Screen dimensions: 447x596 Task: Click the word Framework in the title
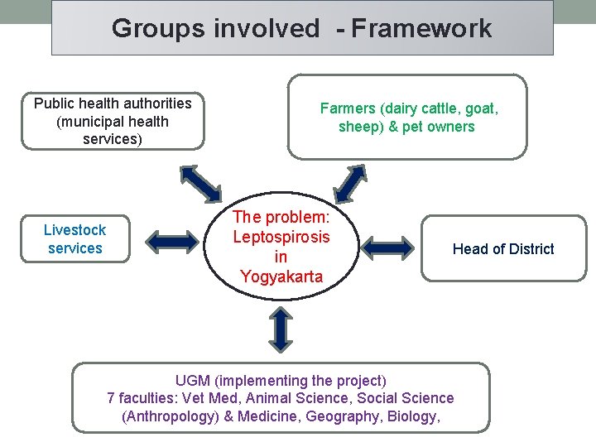coord(421,29)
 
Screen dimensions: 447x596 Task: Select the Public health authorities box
coord(113,121)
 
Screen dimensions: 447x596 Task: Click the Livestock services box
coord(74,239)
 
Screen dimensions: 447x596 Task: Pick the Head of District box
coord(503,249)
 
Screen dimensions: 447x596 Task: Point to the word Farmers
coord(348,108)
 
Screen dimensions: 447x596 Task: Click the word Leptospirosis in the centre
coord(281,237)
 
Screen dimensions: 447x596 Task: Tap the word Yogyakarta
coord(281,276)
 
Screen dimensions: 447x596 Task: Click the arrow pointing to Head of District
coord(388,247)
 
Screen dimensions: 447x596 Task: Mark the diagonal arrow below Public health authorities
coord(200,182)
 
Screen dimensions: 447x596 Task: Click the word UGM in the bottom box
coord(193,381)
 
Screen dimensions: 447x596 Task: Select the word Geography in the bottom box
coord(340,416)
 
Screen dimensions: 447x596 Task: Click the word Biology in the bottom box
coord(411,416)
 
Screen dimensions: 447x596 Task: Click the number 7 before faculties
coord(112,398)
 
